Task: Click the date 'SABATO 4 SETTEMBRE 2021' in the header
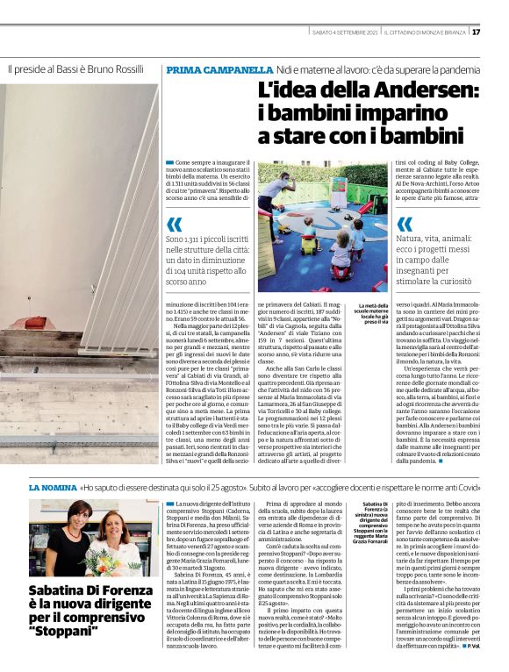click(x=346, y=32)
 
